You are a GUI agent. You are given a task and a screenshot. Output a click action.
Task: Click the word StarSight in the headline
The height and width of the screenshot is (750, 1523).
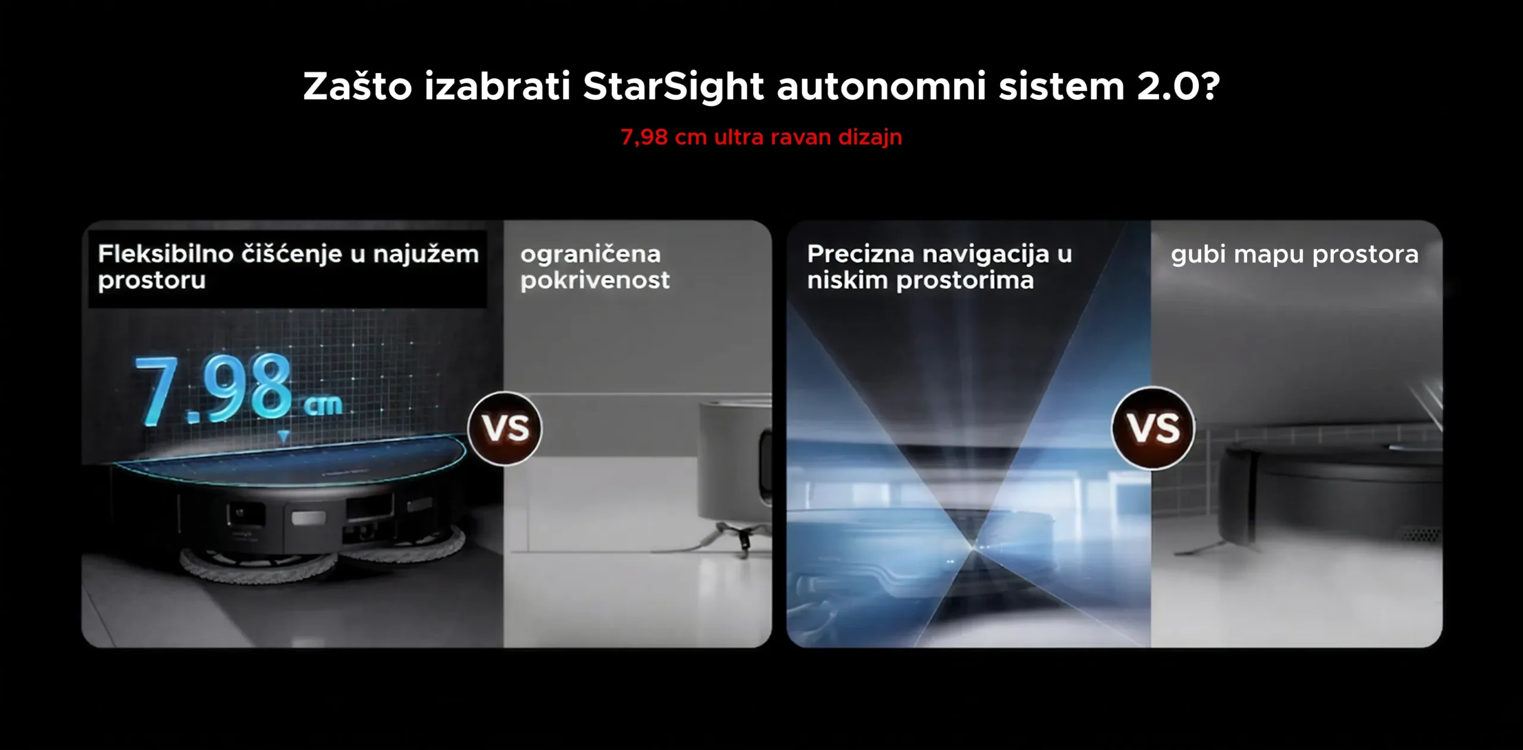pyautogui.click(x=673, y=87)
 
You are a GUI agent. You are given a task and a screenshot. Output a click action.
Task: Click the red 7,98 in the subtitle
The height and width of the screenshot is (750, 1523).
pyautogui.click(x=644, y=137)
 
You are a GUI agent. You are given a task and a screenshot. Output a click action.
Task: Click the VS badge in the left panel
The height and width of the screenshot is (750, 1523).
pyautogui.click(x=504, y=428)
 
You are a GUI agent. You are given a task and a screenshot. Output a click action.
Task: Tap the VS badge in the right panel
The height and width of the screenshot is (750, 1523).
pyautogui.click(x=1153, y=428)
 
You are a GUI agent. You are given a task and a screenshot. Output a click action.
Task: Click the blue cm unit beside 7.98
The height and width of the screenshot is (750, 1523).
pyautogui.click(x=323, y=405)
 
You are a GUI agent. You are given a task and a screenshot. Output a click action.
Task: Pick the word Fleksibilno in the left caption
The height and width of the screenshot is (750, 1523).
pyautogui.click(x=165, y=254)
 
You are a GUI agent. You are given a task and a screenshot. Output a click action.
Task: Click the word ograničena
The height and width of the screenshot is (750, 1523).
pyautogui.click(x=590, y=255)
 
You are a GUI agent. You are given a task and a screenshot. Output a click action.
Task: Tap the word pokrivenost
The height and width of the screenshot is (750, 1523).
pyautogui.click(x=595, y=280)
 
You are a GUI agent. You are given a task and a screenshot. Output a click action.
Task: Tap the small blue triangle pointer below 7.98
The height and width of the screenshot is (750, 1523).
pyautogui.click(x=284, y=436)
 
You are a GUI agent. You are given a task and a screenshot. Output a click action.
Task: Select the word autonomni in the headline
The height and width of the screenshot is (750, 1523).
pyautogui.click(x=881, y=87)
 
